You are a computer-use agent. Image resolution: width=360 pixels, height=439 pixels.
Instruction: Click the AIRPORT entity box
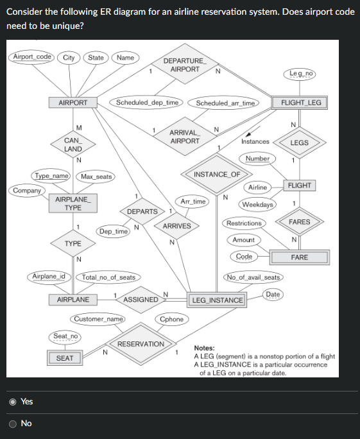coord(73,103)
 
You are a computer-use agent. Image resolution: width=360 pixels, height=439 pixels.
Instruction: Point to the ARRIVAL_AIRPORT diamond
coord(184,137)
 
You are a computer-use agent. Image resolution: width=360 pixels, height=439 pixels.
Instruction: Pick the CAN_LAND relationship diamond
coord(73,144)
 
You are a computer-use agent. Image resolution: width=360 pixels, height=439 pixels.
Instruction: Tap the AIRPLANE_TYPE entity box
coord(73,203)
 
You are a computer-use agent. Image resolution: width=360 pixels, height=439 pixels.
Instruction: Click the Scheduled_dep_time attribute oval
coord(147,102)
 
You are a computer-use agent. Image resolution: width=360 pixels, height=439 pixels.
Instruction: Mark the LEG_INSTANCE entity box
coord(218,300)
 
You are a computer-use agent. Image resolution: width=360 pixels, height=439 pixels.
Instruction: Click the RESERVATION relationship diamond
coord(141,344)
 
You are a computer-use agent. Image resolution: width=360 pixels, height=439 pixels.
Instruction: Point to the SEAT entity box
coord(64,358)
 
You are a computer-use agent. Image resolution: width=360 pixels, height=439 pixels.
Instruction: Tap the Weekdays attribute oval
coord(258,205)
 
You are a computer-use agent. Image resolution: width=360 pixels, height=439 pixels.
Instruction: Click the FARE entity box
coord(299,257)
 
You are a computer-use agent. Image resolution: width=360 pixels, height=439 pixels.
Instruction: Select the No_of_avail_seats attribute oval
coord(253,277)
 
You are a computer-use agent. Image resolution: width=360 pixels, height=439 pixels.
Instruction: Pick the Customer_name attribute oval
coord(98,319)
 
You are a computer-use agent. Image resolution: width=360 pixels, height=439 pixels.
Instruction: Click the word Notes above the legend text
coord(205,348)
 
